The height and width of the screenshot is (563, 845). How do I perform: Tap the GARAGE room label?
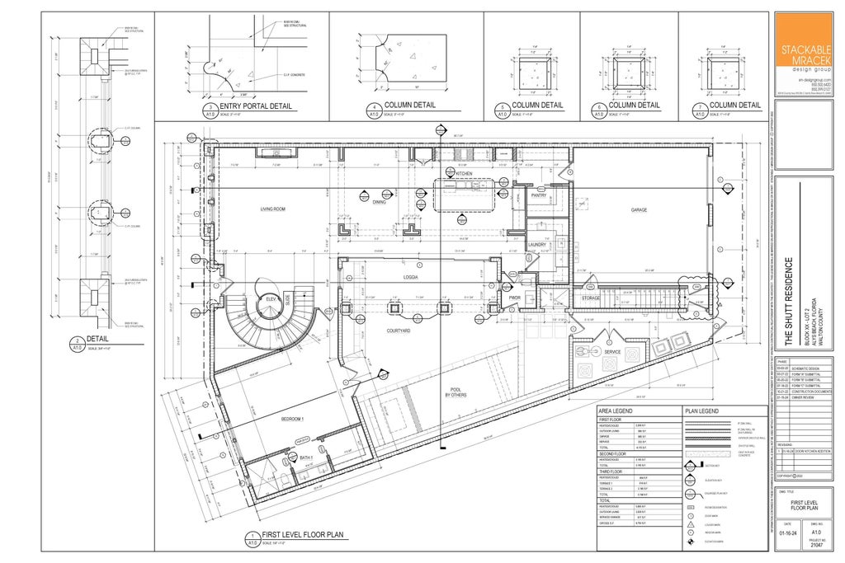coord(639,209)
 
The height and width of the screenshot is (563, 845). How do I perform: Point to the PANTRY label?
coord(539,195)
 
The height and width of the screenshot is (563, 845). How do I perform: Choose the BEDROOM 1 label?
coord(292,419)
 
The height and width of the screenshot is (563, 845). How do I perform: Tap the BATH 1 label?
coord(304,458)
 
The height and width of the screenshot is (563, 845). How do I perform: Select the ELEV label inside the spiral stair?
coord(270,298)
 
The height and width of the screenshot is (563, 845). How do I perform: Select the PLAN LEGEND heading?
coord(701,410)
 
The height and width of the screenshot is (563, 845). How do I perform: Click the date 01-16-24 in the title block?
coord(787,533)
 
